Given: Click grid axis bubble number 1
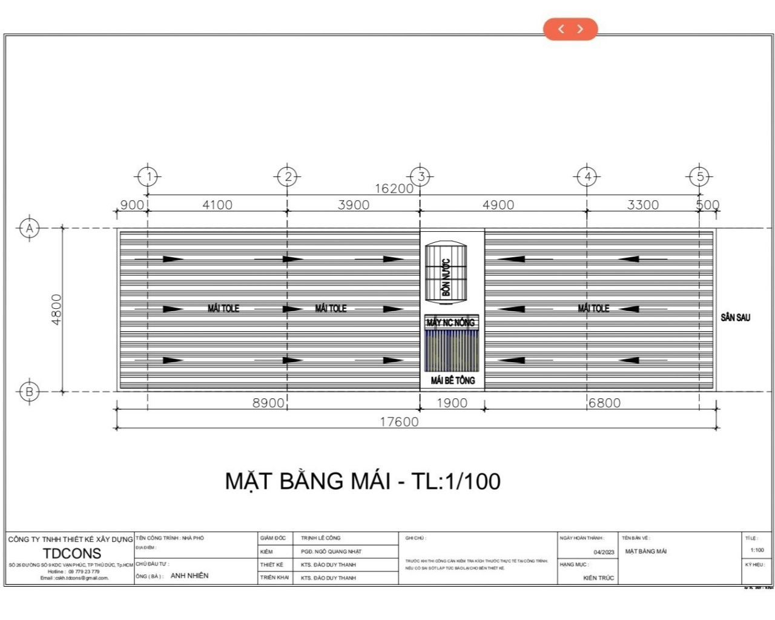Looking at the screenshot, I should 148,177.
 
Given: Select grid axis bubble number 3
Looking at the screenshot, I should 421,177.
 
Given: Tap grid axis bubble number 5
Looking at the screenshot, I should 699,177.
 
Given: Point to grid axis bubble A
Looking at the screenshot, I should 29,228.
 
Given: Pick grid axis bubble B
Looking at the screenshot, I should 29,391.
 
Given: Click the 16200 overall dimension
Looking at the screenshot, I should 394,188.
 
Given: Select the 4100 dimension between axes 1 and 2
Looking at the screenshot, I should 217,205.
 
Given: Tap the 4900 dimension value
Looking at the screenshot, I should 498,205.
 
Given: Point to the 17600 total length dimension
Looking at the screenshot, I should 399,421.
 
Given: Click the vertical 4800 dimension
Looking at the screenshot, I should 56,309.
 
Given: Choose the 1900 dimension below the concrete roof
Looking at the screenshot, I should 452,403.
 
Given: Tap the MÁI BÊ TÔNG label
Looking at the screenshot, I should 453,380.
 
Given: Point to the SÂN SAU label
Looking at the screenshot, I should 735,317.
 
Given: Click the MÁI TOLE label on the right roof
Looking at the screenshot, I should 593,308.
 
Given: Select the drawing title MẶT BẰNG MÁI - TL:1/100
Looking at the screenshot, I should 363,481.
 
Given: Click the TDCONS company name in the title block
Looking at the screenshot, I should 72,553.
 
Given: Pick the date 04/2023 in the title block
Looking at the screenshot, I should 604,552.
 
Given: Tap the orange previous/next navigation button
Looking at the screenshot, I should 570,29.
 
